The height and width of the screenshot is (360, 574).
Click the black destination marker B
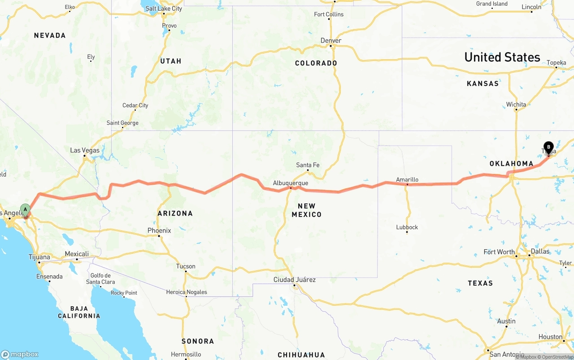(x=548, y=147)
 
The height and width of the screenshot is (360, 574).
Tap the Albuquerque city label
(x=291, y=183)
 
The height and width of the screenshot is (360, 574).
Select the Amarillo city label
(x=407, y=180)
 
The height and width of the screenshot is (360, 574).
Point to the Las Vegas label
(x=85, y=150)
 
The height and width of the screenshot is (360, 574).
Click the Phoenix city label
(x=159, y=230)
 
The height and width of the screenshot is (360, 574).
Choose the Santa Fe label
(x=308, y=165)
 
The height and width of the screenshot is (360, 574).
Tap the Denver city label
(x=331, y=40)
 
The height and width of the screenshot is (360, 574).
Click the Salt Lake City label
(x=164, y=9)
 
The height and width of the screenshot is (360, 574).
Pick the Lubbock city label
(x=407, y=227)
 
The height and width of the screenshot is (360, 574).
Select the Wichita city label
(x=516, y=104)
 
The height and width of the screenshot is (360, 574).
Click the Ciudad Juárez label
(x=295, y=280)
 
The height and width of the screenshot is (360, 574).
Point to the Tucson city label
(x=186, y=266)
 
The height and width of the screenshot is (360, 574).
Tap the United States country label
(x=502, y=57)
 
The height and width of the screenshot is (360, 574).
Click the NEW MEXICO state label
(x=307, y=210)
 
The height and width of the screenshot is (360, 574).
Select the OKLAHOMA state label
(x=511, y=164)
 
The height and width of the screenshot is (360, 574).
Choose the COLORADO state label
(x=316, y=63)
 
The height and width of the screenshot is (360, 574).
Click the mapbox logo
(x=19, y=354)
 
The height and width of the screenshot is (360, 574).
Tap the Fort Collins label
(x=329, y=14)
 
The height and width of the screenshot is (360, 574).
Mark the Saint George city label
(x=122, y=123)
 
